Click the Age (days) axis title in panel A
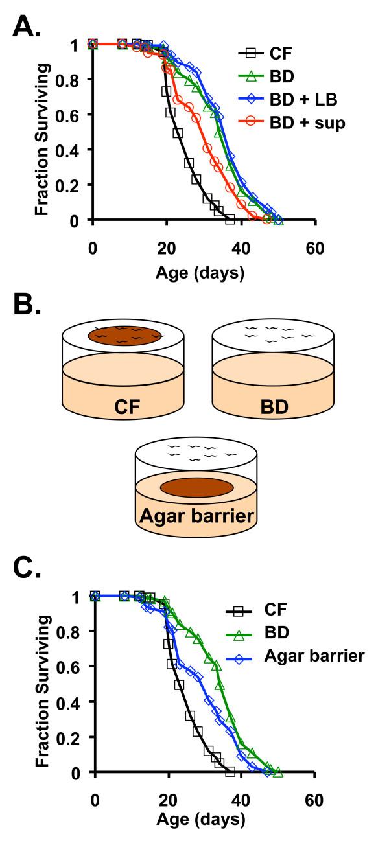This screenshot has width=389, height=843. [200, 272]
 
